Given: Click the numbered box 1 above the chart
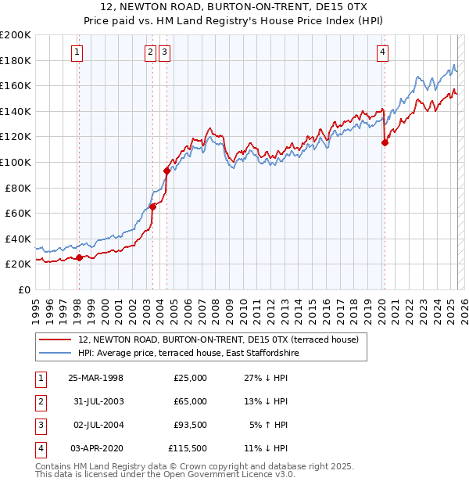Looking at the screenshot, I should point(78,52).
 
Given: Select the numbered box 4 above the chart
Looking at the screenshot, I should point(383,52).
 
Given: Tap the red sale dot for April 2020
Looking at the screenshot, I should point(385,142).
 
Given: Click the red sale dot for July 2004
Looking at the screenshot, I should point(166,171).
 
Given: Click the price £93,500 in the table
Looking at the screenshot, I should point(190,425).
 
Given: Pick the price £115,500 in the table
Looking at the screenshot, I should point(188,448).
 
